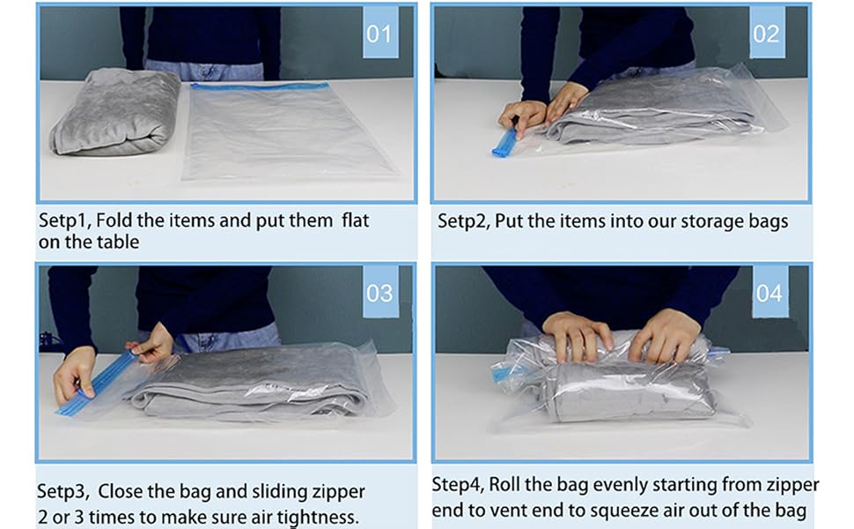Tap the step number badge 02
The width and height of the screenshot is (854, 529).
click(x=766, y=34)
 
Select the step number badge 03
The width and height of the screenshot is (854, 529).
click(x=380, y=292)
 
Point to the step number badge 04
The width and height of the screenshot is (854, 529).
click(x=769, y=292)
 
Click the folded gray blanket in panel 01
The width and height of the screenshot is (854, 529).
click(x=115, y=112)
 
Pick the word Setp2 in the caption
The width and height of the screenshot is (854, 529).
click(x=464, y=220)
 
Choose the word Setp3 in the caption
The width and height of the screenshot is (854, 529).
click(x=63, y=491)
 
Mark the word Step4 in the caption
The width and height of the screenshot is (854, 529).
click(x=458, y=485)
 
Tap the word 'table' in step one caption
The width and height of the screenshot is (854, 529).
click(x=117, y=242)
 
